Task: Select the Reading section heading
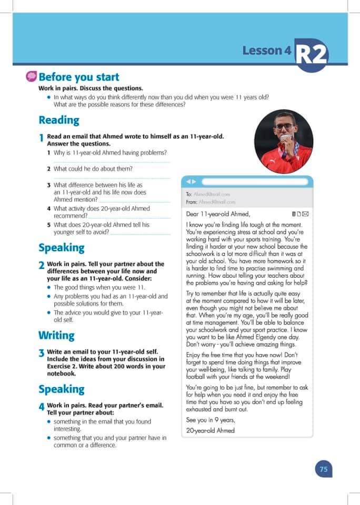click(59, 120)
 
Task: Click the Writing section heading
click(56, 335)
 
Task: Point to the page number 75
click(324, 469)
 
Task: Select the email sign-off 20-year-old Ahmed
click(211, 430)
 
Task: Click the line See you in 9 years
click(211, 420)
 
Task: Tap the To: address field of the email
click(209, 194)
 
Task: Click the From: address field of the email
click(211, 201)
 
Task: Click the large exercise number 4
click(42, 408)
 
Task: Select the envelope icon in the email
click(306, 214)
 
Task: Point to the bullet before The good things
click(49, 287)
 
